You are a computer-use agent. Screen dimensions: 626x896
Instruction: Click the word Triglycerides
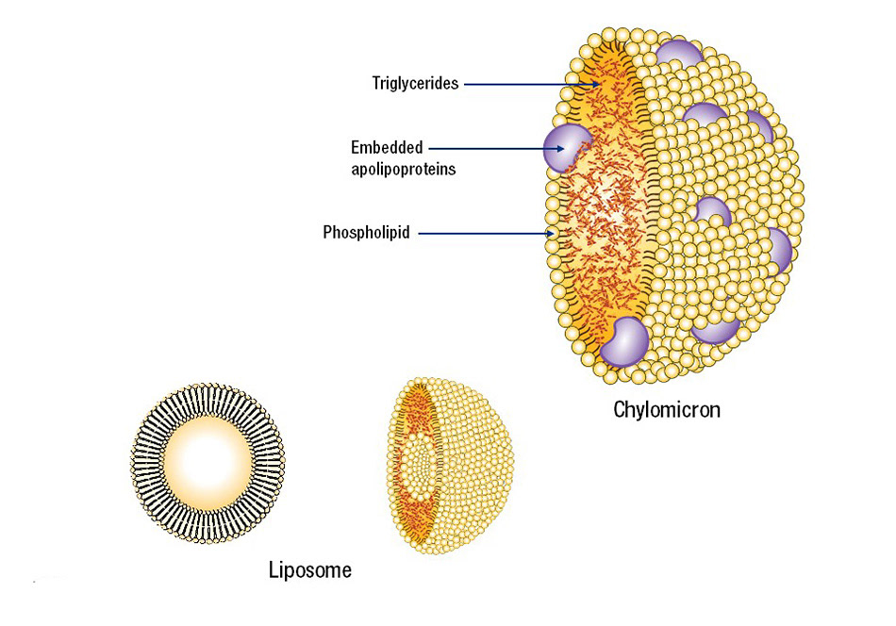415,84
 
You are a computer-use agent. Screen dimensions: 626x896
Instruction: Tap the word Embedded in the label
387,147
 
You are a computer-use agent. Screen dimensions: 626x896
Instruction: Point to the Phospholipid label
366,232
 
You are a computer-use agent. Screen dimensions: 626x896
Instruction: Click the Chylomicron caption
666,410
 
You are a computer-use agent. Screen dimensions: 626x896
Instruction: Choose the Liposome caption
310,569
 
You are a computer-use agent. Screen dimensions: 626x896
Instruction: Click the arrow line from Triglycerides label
528,84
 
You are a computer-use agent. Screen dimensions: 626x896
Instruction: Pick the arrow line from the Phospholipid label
481,232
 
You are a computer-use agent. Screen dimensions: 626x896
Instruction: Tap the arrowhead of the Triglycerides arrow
598,84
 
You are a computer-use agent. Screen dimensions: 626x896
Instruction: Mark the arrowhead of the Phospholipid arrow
552,232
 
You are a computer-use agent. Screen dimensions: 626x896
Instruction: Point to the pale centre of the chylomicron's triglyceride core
608,203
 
